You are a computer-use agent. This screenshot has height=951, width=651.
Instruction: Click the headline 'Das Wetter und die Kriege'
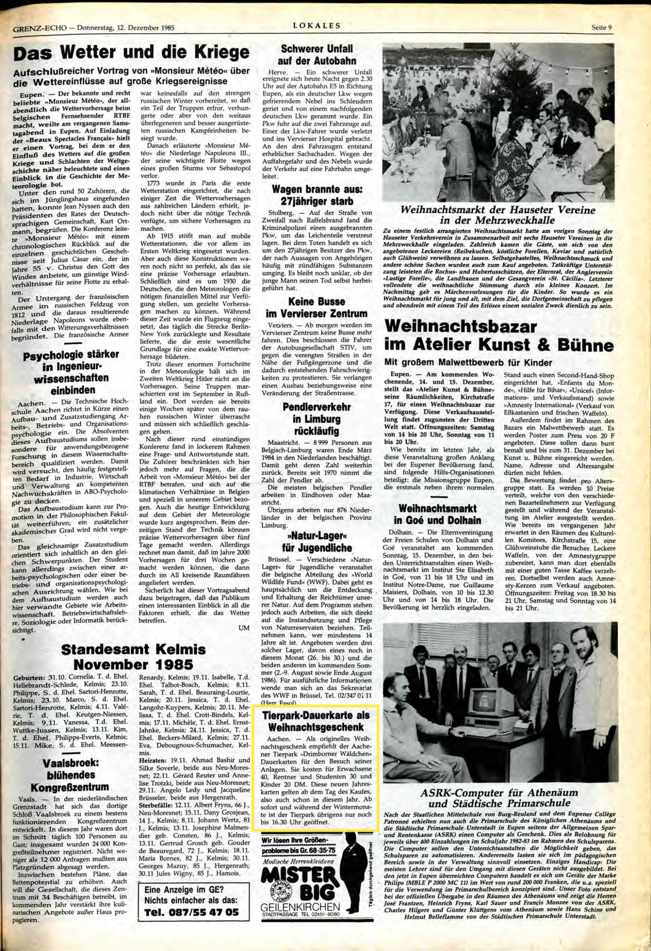click(132, 53)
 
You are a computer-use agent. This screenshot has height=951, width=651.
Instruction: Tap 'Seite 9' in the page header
click(602, 28)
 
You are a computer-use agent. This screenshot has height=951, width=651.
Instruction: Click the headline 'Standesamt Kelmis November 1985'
click(132, 656)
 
